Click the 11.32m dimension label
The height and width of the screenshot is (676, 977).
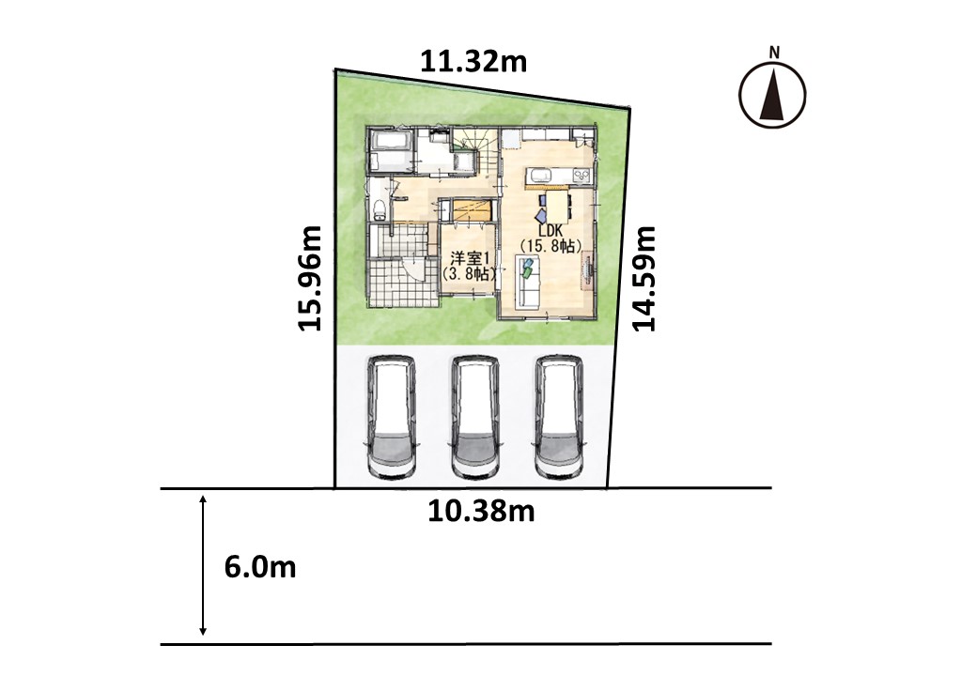coord(473,62)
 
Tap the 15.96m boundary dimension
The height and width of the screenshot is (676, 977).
coord(310,278)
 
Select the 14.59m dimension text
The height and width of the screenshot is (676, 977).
coord(644,278)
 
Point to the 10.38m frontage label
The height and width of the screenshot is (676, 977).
coord(481,511)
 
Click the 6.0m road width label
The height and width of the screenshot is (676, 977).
coord(260,567)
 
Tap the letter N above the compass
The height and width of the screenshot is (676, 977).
coord(774,53)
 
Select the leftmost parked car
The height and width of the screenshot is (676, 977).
coord(391,417)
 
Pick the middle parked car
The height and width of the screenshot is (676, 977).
coord(474,417)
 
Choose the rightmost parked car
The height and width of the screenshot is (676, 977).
coord(559,417)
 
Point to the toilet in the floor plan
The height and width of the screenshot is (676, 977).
coord(379,210)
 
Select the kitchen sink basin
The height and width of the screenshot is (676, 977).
coord(537,174)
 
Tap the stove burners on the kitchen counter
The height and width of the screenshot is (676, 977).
coord(581,175)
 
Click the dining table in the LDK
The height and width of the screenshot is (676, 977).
coord(557,204)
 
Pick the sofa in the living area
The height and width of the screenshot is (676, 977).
coord(529,282)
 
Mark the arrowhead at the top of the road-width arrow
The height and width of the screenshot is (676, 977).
coord(203,499)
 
